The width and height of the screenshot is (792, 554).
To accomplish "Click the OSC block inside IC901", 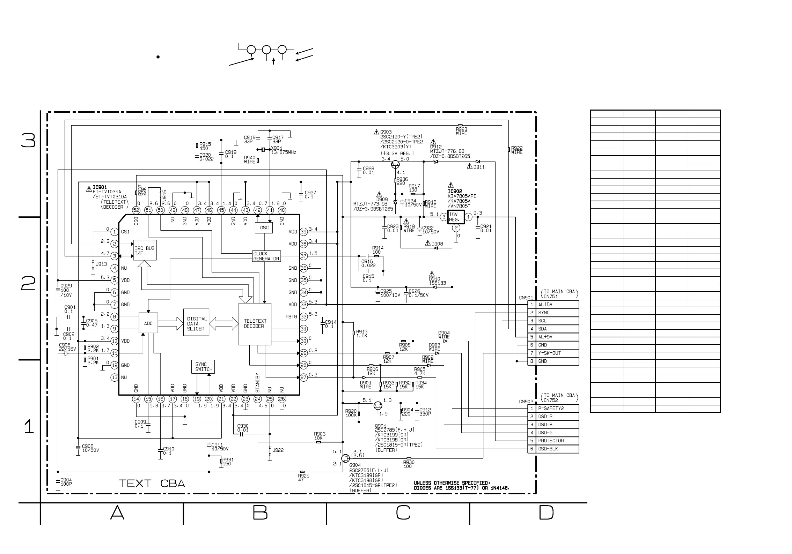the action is click(264, 228).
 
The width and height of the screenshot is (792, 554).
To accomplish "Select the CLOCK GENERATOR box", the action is click(266, 256).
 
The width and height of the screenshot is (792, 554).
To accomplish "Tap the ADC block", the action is click(148, 323).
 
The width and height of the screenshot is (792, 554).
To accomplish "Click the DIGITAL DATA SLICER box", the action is click(196, 322).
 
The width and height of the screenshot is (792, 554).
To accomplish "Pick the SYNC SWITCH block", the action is click(203, 367).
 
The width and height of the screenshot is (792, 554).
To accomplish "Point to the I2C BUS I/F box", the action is click(145, 250).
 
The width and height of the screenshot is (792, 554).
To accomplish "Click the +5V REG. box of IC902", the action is click(456, 217).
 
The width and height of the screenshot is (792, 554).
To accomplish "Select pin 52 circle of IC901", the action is click(136, 210).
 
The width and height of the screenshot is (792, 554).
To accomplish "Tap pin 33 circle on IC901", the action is click(304, 305).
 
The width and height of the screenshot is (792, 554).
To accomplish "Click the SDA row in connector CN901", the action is click(553, 329).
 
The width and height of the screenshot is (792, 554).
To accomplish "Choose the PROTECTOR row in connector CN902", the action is click(553, 441).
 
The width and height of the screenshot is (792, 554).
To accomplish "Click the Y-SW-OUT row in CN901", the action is click(553, 353).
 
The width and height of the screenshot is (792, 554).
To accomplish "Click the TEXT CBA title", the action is click(152, 483).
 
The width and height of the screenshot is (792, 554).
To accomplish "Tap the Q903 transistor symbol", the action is click(396, 164).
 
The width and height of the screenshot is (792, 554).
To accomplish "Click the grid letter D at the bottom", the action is click(546, 512).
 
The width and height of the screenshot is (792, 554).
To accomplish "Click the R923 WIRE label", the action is click(461, 131).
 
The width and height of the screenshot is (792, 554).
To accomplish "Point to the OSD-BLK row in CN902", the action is click(553, 449).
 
